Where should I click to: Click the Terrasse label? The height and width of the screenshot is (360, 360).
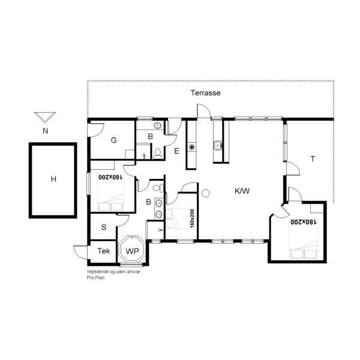(205, 93)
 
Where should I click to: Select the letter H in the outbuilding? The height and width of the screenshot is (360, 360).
(53, 179)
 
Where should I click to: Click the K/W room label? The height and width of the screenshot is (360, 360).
(242, 191)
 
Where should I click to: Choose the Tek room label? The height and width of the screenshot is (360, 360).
(104, 251)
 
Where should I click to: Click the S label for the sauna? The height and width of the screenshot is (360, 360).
(104, 227)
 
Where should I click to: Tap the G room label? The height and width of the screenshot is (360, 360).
(113, 140)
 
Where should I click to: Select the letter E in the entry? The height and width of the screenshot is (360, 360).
(176, 151)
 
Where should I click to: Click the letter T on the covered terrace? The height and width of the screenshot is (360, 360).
(313, 158)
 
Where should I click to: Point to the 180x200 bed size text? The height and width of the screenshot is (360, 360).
(303, 222)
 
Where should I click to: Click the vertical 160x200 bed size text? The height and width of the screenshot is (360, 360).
(192, 218)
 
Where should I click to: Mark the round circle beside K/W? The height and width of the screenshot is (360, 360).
(205, 193)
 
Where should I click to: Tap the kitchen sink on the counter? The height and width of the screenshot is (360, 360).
(217, 146)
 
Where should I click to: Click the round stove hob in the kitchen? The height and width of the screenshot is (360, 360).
(192, 147)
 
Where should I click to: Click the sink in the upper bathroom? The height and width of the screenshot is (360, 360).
(157, 125)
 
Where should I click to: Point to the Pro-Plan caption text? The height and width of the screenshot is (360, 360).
(95, 278)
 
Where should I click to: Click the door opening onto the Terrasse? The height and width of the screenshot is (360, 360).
(203, 111)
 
